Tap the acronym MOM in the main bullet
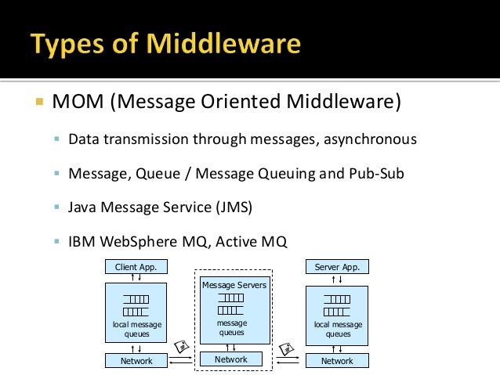click(74, 103)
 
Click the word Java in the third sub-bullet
click(82, 207)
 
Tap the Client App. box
click(136, 267)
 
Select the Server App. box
click(337, 267)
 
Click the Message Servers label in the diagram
click(234, 285)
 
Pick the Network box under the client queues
click(136, 361)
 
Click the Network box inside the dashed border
click(231, 359)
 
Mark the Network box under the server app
click(337, 361)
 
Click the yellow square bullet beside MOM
click(37, 103)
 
